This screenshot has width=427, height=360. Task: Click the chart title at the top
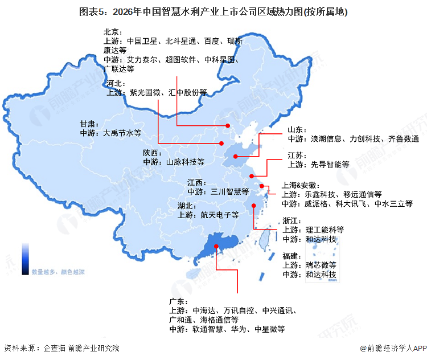point(213,11)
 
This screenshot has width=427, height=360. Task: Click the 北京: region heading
point(113,32)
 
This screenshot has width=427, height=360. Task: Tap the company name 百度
point(213,41)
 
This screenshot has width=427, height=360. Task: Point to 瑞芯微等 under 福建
point(322,265)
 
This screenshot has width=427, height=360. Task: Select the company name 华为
point(239,329)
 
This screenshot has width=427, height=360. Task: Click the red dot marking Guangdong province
point(216,247)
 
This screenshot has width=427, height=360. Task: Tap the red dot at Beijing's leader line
point(227,126)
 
